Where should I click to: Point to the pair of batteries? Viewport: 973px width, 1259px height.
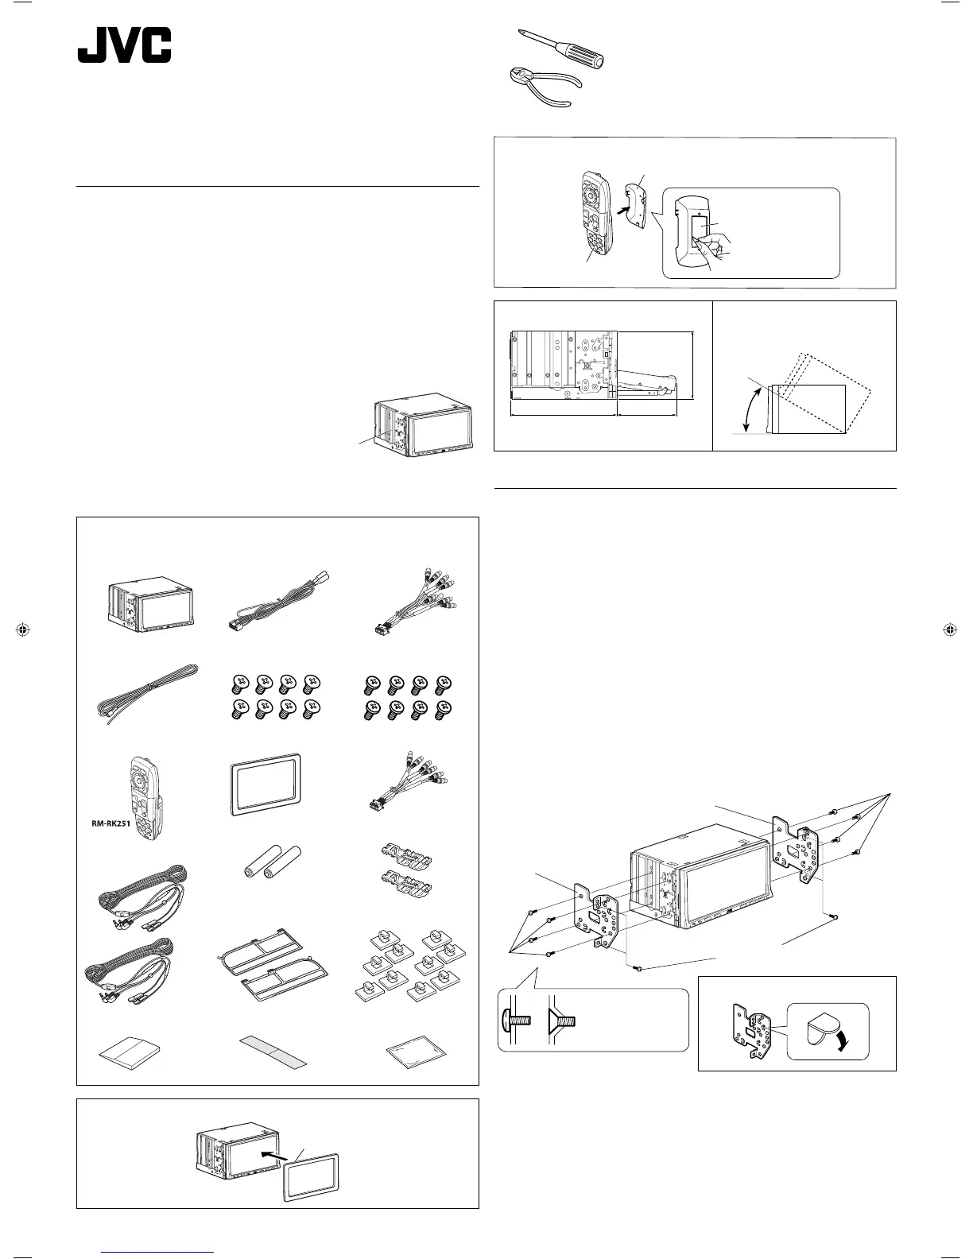pos(272,860)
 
